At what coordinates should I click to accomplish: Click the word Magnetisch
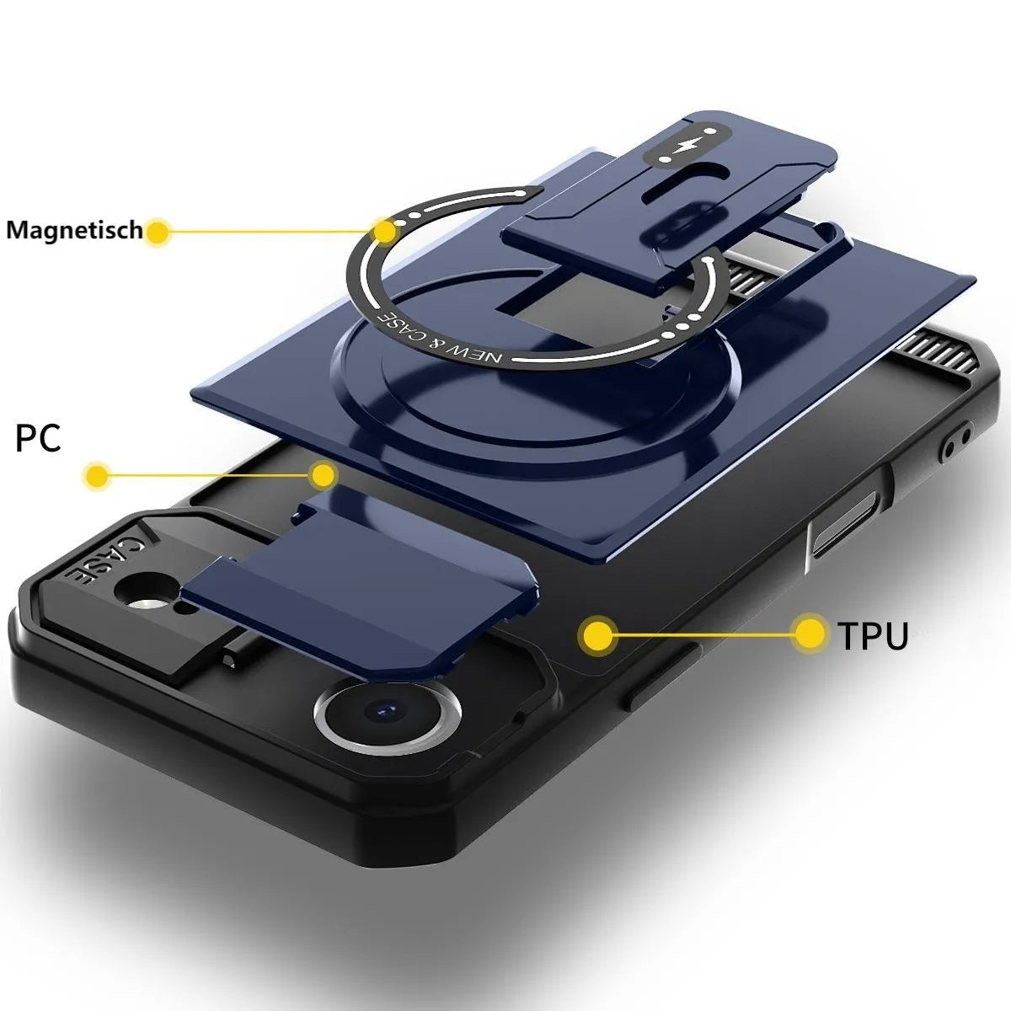tap(74, 230)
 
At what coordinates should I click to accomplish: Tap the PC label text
tap(38, 438)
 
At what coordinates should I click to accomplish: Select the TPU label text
tap(873, 636)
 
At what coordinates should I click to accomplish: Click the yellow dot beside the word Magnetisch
tap(157, 232)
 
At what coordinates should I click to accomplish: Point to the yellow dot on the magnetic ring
tap(384, 231)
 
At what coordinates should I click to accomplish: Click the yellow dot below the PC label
tap(97, 476)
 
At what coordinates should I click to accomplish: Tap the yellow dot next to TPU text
tap(810, 634)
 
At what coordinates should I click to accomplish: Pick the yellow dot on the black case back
tap(597, 635)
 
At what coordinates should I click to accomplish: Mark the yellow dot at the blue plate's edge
tap(324, 475)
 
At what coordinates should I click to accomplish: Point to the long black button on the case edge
tap(662, 677)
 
